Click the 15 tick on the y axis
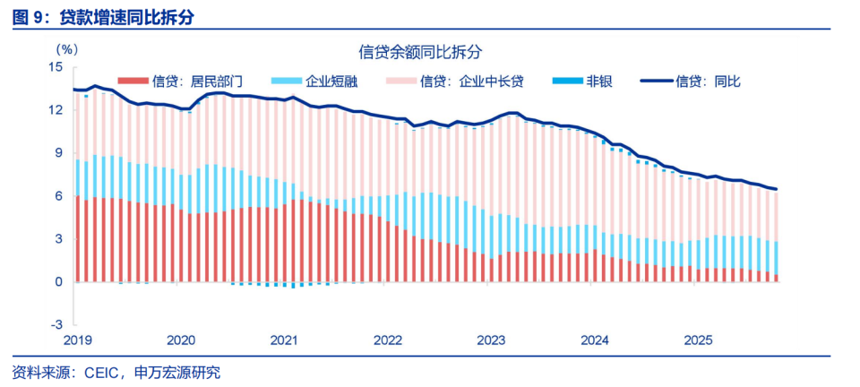click(x=56, y=67)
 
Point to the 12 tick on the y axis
click(x=56, y=110)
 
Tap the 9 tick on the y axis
click(x=59, y=153)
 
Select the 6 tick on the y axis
click(x=59, y=196)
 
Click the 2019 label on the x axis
click(x=78, y=340)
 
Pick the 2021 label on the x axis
click(x=284, y=340)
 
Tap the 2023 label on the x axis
click(x=491, y=340)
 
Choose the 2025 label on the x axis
click(x=698, y=340)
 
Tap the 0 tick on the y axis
click(x=59, y=282)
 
